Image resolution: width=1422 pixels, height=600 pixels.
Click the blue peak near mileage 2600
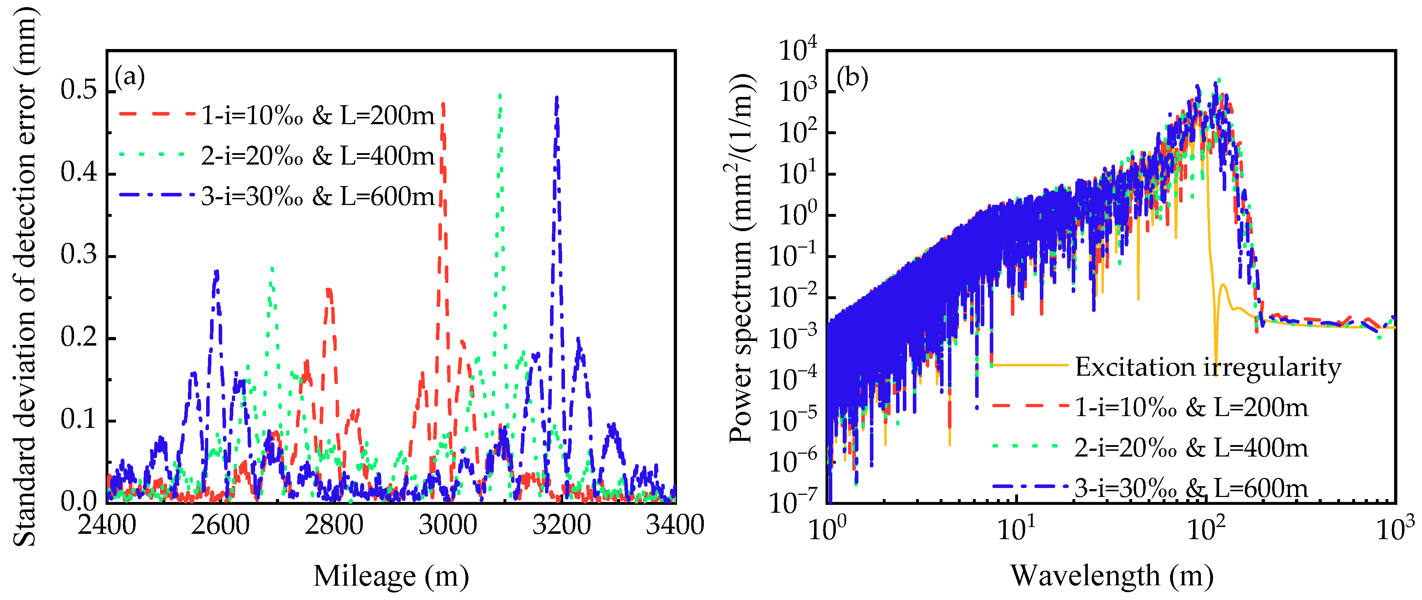216,272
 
